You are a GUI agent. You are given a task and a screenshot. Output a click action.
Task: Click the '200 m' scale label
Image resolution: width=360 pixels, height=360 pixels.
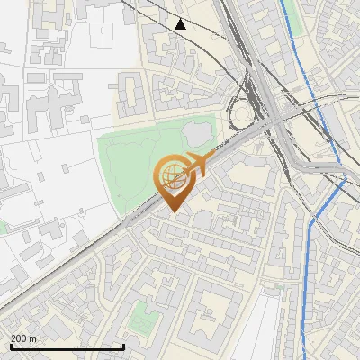23,338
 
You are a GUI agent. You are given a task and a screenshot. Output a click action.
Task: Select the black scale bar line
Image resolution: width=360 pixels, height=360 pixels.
67,346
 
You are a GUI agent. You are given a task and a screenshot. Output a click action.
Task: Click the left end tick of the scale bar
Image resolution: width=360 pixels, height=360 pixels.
12,346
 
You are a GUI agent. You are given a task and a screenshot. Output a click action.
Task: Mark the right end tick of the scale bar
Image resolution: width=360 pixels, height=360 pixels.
123,346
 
